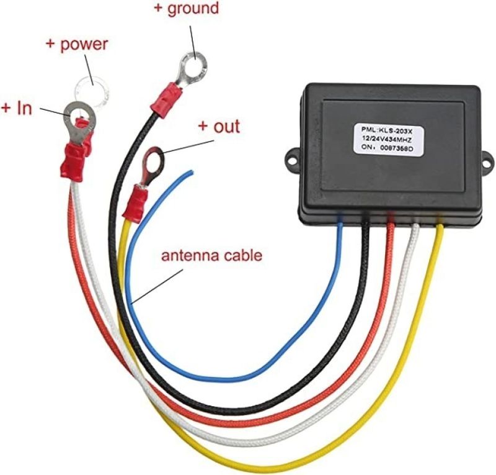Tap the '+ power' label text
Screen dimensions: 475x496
pyautogui.click(x=77, y=45)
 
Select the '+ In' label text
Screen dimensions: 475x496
pyautogui.click(x=17, y=108)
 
